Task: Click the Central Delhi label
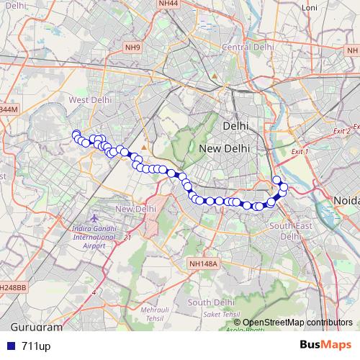(248, 48)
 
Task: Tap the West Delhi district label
(88, 99)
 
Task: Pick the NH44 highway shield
(168, 4)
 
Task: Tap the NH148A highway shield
(203, 265)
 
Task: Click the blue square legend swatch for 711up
(9, 346)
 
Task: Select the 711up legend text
(35, 346)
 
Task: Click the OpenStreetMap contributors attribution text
(297, 322)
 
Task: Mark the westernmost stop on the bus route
(76, 134)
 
